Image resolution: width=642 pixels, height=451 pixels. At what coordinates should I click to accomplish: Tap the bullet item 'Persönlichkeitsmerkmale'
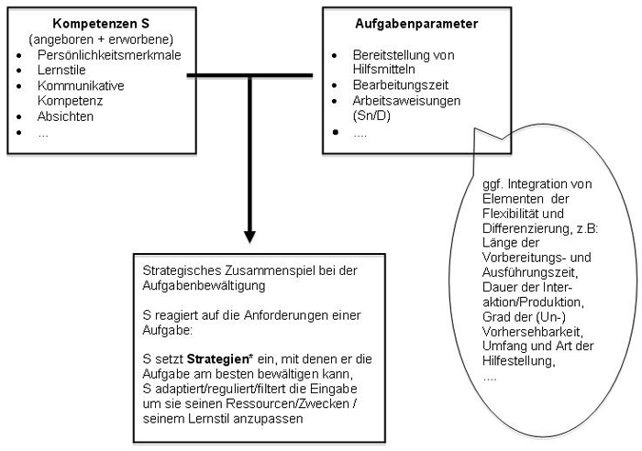[102, 54]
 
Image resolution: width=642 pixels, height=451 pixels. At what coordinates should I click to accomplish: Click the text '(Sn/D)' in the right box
[373, 116]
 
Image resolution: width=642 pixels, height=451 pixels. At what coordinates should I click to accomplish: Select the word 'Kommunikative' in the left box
[72, 85]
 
